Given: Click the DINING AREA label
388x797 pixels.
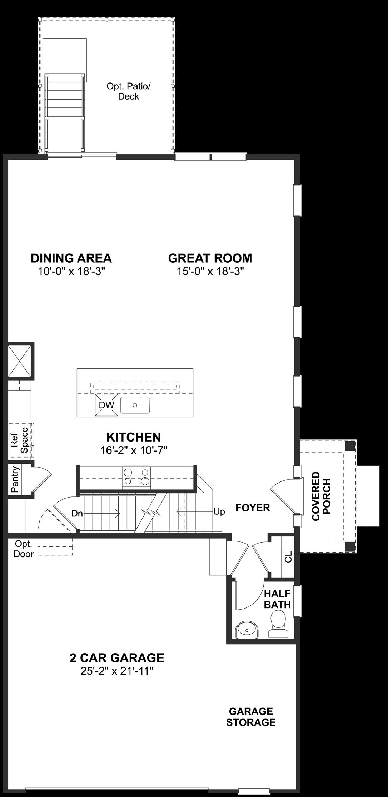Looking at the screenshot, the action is [x=71, y=258].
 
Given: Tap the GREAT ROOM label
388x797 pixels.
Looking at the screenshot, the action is [x=210, y=258].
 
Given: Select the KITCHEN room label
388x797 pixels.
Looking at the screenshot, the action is [x=134, y=437].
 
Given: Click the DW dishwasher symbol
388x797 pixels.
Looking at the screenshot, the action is [x=106, y=405].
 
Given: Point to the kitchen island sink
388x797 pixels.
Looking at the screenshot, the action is [x=135, y=405].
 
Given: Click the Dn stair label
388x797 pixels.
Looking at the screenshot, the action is [x=77, y=514].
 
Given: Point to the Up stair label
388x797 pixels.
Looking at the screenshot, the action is [x=219, y=511].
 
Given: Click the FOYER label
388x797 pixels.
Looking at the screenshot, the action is [x=253, y=508].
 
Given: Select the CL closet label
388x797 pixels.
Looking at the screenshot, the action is [x=288, y=557].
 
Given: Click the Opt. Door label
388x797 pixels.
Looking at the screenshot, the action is [x=24, y=549].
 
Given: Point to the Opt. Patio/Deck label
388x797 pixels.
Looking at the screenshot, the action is [x=129, y=91].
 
